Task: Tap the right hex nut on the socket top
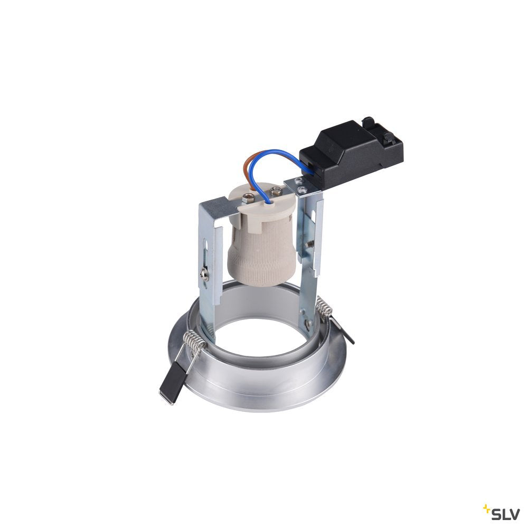(x=276, y=191)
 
